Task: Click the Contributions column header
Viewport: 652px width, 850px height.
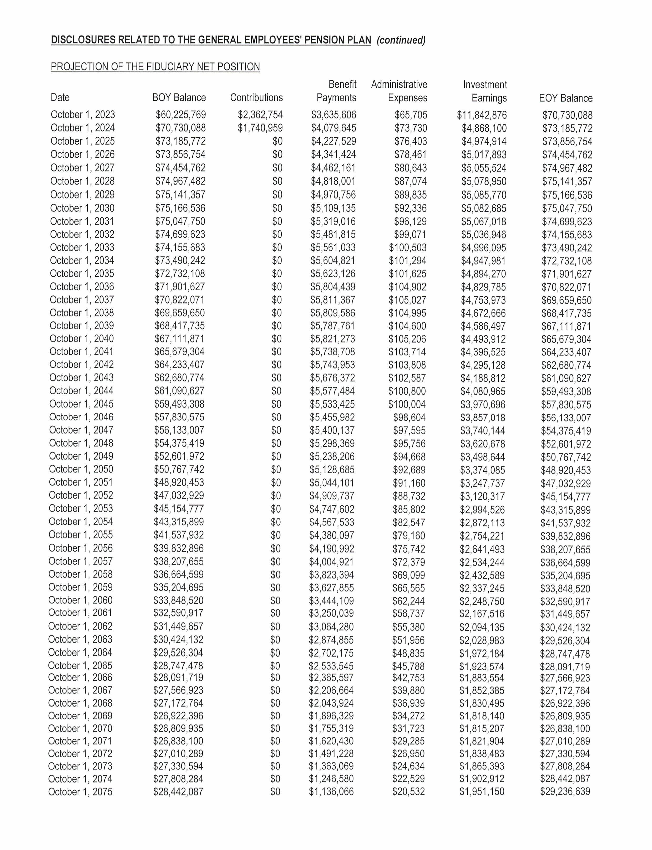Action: (256, 97)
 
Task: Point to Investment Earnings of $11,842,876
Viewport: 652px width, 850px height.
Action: (482, 115)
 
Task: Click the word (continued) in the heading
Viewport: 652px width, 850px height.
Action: (401, 40)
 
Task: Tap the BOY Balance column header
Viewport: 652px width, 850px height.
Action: (179, 97)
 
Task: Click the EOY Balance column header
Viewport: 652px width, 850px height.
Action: (565, 98)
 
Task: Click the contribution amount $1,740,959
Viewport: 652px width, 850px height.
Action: (260, 128)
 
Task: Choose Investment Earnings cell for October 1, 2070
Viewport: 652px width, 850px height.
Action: (482, 728)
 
